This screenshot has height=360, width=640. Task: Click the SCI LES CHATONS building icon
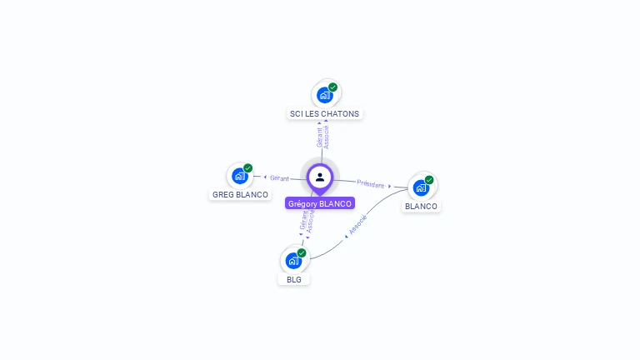324,95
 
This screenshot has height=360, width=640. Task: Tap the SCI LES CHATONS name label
325,113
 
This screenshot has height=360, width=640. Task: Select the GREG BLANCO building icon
239,176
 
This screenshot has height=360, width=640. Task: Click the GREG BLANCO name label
240,195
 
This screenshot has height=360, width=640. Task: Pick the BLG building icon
292,261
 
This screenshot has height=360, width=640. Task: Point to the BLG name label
293,279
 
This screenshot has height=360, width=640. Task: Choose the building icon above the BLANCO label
421,187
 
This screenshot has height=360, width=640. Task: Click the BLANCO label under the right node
421,206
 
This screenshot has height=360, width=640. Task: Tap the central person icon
320,177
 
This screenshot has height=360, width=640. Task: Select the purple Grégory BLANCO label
320,203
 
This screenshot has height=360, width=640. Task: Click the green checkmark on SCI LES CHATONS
332,87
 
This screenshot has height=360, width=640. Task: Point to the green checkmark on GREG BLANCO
247,167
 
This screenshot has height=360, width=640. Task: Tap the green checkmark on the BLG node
302,252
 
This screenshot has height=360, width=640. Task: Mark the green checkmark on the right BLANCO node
429,179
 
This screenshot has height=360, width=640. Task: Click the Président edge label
371,184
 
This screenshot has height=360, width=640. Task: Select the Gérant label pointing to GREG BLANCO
279,178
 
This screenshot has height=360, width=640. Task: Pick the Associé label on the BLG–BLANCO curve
357,226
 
